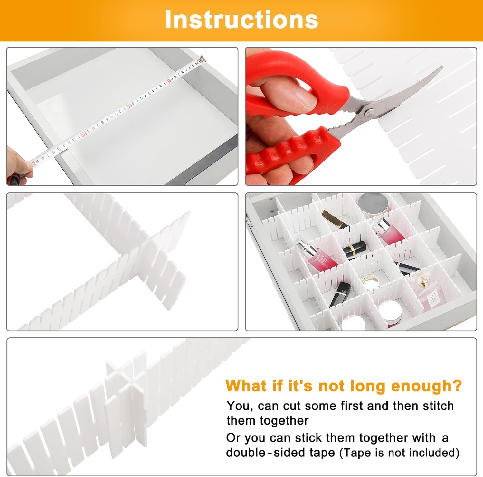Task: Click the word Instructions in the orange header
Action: coord(241,20)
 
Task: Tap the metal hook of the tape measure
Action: coord(202,59)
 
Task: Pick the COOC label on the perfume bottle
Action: coord(432,294)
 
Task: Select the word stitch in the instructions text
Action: coord(438,406)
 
